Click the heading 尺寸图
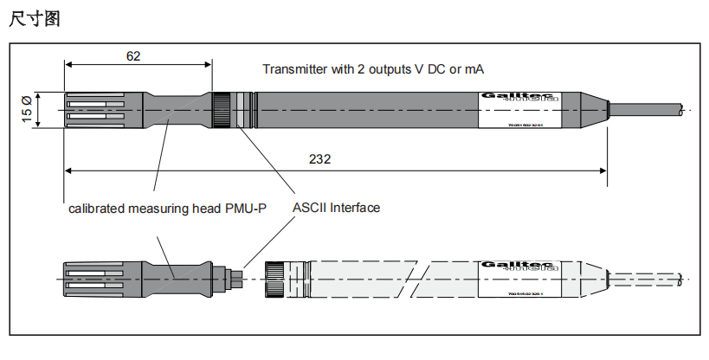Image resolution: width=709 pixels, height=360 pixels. pos(34,19)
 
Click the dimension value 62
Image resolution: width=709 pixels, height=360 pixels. pos(133,55)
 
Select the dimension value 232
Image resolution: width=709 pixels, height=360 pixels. pos(319,159)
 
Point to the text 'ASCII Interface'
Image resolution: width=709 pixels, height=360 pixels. pos(336,208)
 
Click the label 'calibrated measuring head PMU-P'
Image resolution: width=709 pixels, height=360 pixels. pos(167,209)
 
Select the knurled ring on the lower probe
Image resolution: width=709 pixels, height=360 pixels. pos(276,279)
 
